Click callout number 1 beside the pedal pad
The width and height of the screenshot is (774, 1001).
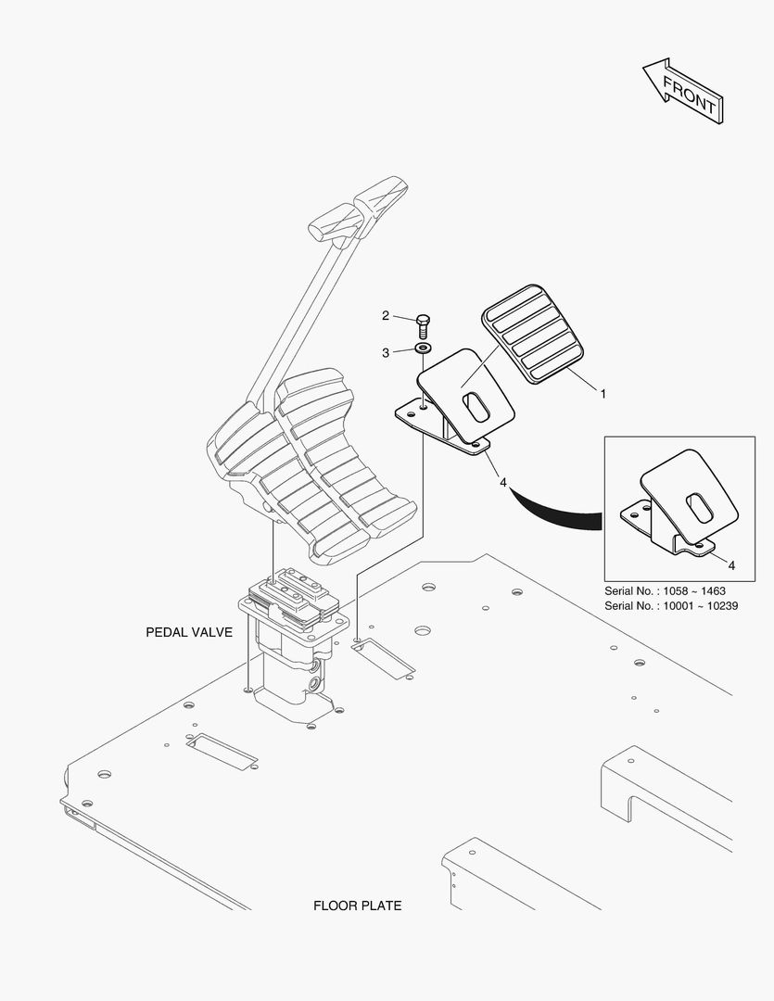pyautogui.click(x=603, y=394)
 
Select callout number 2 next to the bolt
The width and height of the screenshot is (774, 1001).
pyautogui.click(x=386, y=316)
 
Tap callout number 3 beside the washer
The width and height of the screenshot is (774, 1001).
pyautogui.click(x=386, y=352)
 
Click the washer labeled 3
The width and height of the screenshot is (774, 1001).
pyautogui.click(x=424, y=348)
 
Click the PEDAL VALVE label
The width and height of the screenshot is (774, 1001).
pyautogui.click(x=189, y=632)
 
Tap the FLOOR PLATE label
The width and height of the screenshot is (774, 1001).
pyautogui.click(x=358, y=906)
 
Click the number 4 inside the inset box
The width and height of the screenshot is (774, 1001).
pyautogui.click(x=731, y=564)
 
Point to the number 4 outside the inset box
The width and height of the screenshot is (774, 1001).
pyautogui.click(x=503, y=482)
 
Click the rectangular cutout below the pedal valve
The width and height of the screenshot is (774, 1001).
pyautogui.click(x=222, y=748)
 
